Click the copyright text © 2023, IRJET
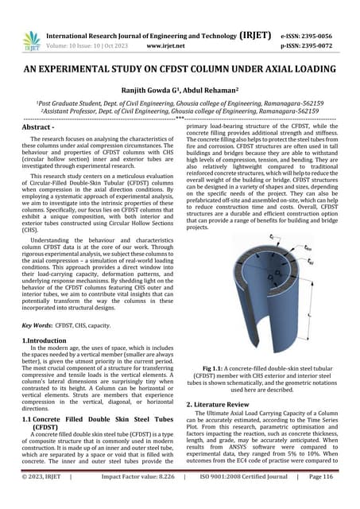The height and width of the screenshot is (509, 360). point(46,498)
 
